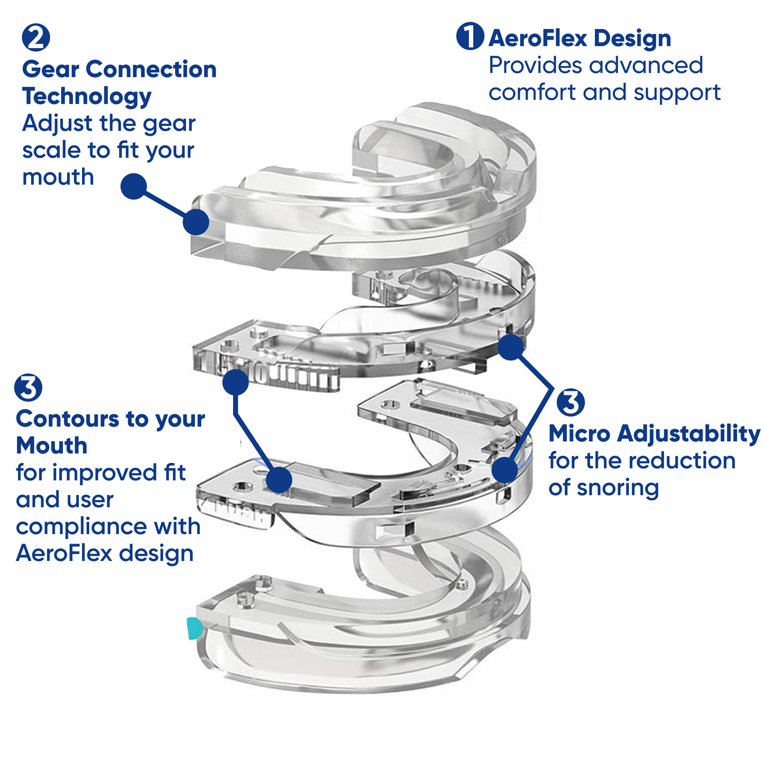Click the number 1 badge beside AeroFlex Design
tap(470, 36)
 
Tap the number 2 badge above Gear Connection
tap(36, 38)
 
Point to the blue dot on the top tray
tap(196, 222)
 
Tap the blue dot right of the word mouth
tap(133, 186)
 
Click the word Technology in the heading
tap(87, 96)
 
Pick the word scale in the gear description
tap(51, 150)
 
